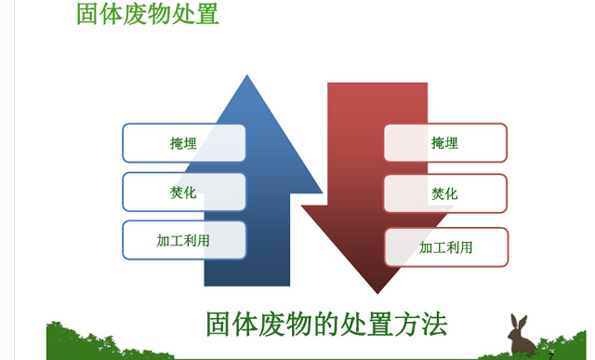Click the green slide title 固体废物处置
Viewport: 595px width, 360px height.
tap(148, 15)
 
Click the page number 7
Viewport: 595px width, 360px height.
tap(550, 355)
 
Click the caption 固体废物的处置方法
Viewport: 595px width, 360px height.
tap(326, 324)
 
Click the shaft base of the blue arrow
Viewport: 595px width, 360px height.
tap(246, 275)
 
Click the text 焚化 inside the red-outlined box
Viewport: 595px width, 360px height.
tap(444, 193)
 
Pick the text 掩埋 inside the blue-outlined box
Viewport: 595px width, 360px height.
tap(183, 143)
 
